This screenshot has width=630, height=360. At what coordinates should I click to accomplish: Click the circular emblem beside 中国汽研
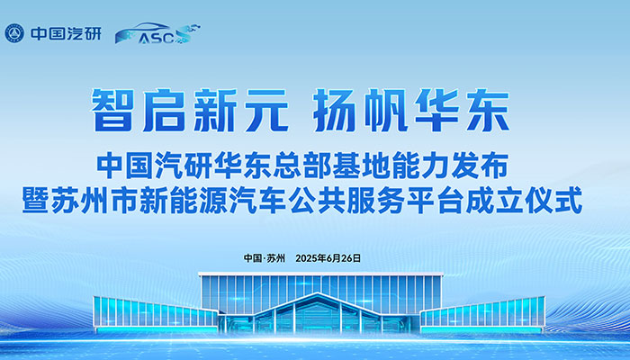[14, 33]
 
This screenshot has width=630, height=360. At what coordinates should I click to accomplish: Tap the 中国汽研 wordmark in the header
[66, 34]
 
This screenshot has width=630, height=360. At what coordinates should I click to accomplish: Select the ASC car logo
[157, 33]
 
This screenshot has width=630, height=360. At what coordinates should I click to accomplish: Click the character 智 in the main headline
[112, 110]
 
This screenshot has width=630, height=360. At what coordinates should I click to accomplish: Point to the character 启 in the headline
[164, 110]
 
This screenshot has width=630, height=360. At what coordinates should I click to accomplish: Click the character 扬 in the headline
[335, 110]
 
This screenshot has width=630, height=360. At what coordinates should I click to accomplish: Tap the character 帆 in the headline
[386, 110]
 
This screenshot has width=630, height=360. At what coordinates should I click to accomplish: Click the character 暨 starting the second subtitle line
[35, 200]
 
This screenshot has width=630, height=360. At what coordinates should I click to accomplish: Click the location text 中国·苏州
[264, 258]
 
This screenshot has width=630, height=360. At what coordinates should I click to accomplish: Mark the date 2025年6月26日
[328, 258]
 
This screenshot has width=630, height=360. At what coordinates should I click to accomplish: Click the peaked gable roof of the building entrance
[318, 303]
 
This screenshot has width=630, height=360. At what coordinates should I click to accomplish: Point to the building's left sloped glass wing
[156, 312]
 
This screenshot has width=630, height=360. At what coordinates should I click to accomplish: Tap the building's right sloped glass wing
[482, 313]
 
